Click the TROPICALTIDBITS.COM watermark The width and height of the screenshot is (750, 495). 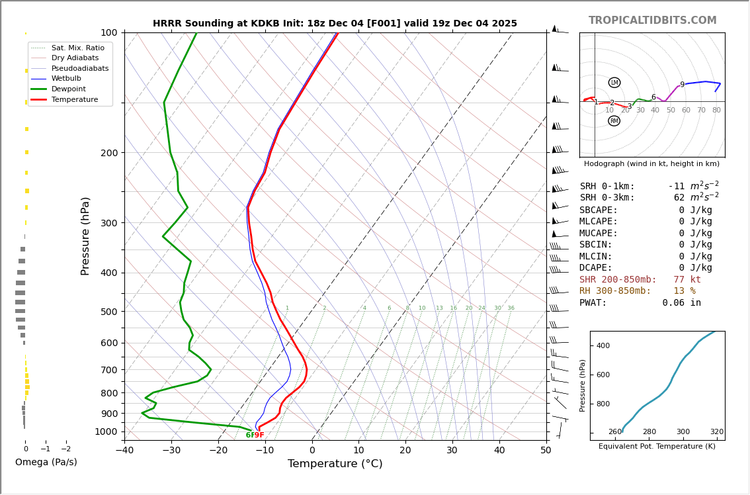coord(652,21)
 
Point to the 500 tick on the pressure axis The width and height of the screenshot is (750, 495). coord(109,312)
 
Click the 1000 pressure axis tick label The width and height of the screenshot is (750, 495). coord(106,431)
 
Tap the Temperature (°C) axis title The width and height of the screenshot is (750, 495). coord(335,464)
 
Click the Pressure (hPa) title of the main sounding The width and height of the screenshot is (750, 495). coord(85,236)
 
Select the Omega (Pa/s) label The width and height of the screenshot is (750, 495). coord(46,463)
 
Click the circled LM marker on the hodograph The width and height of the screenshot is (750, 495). coord(614,83)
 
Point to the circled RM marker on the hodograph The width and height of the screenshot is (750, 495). coord(614,121)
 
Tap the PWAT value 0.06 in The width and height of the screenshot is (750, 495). coord(681,303)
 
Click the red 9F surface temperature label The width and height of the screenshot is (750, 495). coord(259,435)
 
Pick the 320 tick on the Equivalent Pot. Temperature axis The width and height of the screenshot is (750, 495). coord(716,432)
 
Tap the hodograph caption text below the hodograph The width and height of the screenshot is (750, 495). coord(651,164)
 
